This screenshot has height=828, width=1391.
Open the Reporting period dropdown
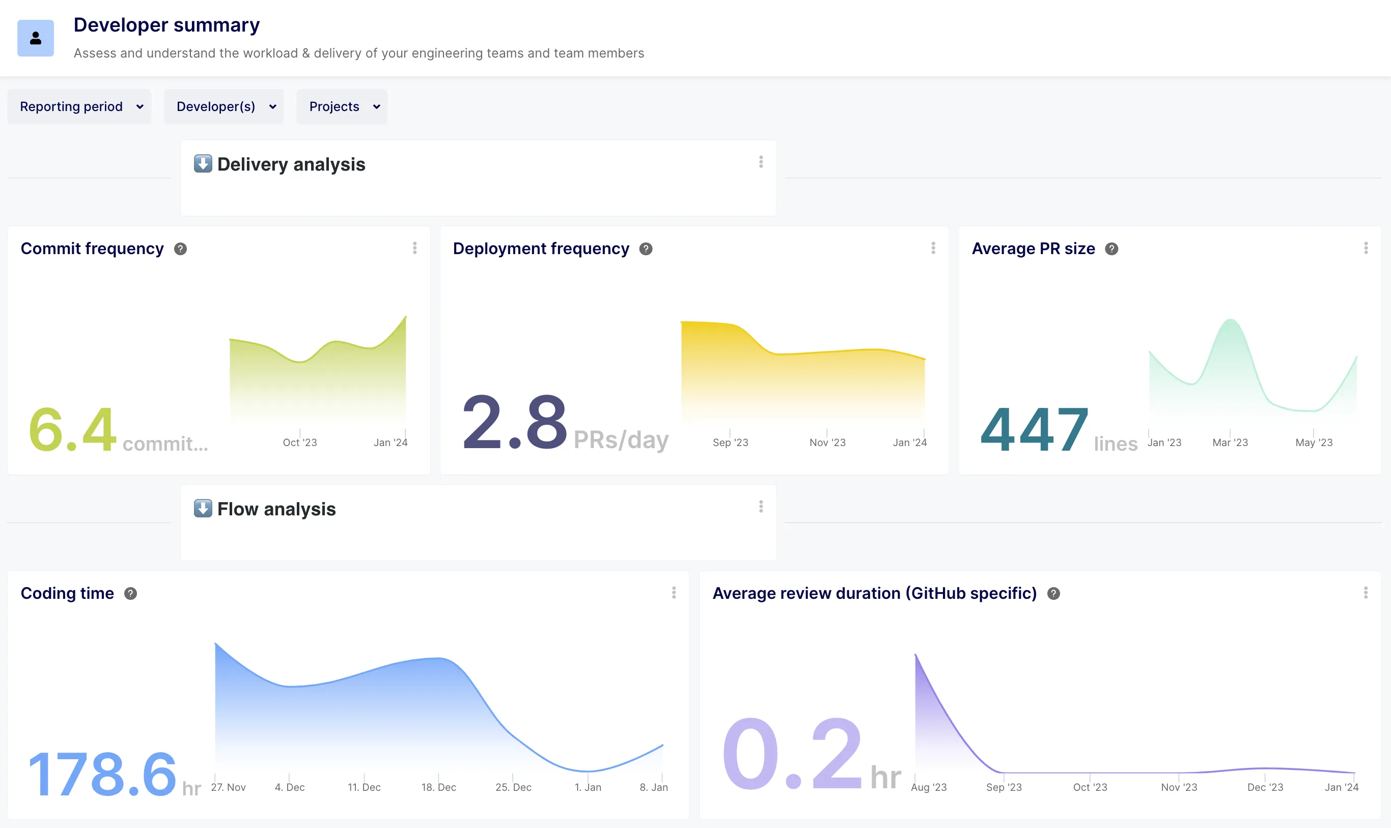[79, 106]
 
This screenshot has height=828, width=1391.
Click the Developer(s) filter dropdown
[224, 106]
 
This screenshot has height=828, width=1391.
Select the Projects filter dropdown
[342, 106]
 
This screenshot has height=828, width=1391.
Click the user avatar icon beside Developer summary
[36, 39]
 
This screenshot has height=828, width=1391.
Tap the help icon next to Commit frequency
[180, 249]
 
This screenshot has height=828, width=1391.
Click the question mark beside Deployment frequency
[646, 249]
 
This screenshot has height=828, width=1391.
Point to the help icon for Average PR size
[1111, 249]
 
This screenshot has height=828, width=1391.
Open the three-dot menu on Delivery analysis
[761, 162]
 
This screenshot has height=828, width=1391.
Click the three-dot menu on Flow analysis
[761, 507]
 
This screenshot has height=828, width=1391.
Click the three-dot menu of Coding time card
[674, 593]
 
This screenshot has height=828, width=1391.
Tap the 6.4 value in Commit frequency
[72, 430]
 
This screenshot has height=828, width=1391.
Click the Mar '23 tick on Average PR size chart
[1230, 443]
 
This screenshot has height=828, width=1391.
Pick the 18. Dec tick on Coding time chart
[438, 787]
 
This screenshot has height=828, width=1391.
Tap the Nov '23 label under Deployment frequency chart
[827, 443]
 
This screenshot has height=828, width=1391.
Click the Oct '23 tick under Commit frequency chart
[299, 443]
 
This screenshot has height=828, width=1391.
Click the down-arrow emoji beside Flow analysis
[203, 508]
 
